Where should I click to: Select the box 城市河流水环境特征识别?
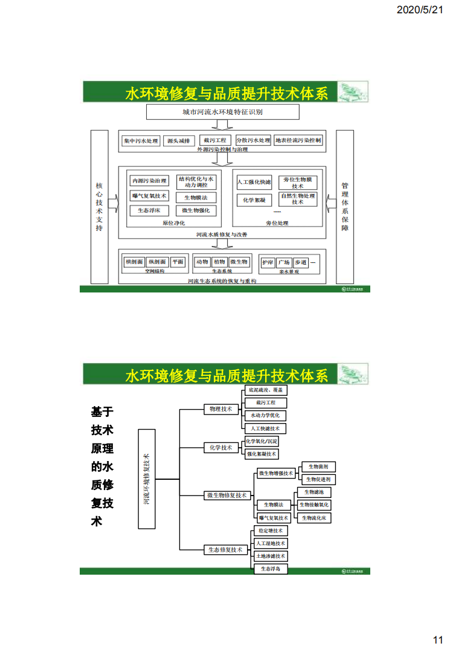[222, 112]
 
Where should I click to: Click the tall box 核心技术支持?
[100, 207]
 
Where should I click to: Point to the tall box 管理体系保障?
[344, 207]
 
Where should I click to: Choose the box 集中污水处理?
[141, 141]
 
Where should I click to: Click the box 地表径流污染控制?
[298, 141]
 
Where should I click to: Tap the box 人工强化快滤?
[254, 182]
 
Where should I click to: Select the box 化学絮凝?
[254, 199]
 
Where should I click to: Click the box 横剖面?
[134, 262]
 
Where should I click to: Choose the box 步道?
[300, 263]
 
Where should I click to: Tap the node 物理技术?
[220, 409]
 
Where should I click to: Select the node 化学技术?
[220, 448]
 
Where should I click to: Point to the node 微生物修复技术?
[227, 496]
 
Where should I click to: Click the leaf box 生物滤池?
[313, 492]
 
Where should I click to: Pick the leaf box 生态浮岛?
[270, 569]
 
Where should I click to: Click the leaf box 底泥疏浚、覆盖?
[265, 390]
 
